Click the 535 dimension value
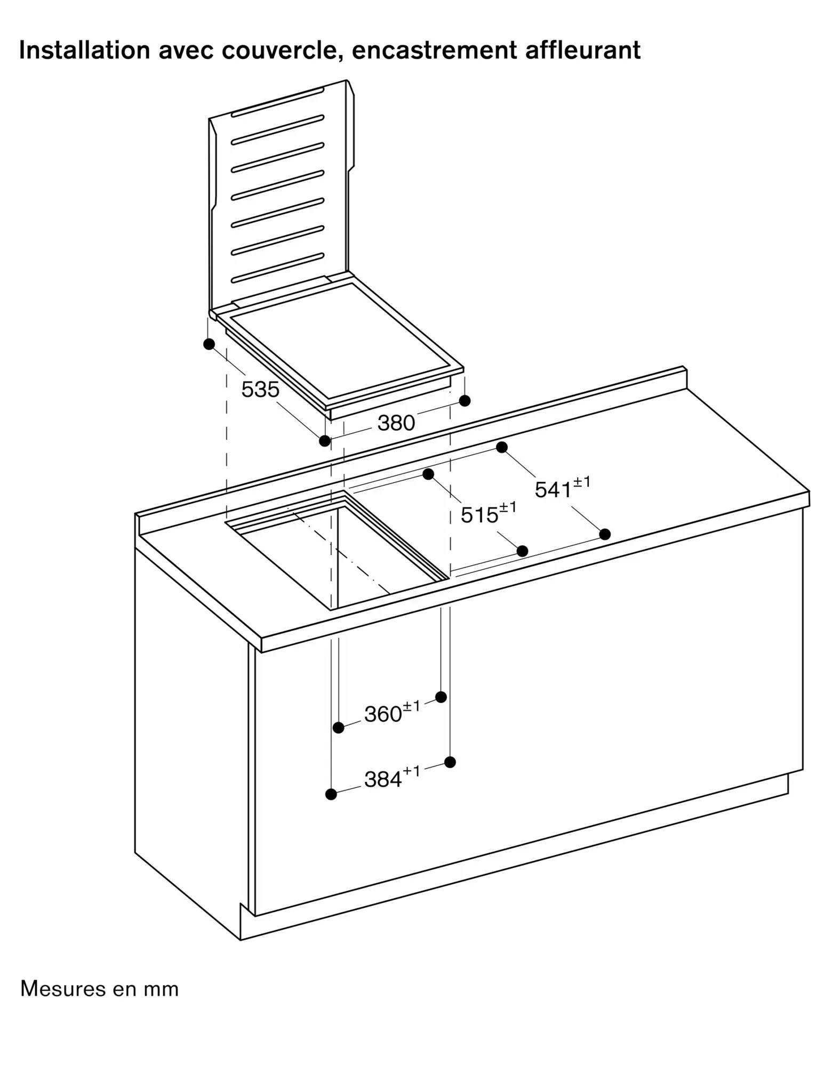click(x=260, y=390)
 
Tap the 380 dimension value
click(x=396, y=423)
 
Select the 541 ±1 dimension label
click(x=563, y=488)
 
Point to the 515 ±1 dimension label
click(x=489, y=513)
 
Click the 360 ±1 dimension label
click(x=392, y=712)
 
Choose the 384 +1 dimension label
click(x=392, y=778)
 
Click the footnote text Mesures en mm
click(x=100, y=989)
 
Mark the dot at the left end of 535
click(x=209, y=344)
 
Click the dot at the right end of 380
click(x=465, y=400)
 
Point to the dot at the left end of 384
click(x=331, y=794)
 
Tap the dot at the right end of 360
click(x=441, y=697)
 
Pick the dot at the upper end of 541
click(x=501, y=447)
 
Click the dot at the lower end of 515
click(x=523, y=551)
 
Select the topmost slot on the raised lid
click(x=277, y=102)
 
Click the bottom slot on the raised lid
click(x=277, y=268)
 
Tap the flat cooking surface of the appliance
click(x=341, y=341)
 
